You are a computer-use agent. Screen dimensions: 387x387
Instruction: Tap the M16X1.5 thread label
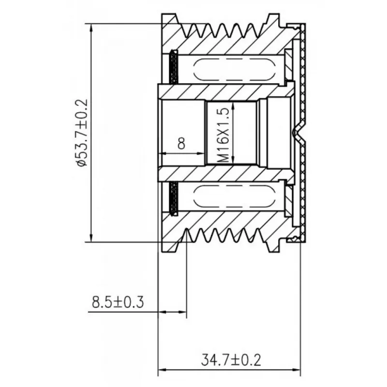click(223, 135)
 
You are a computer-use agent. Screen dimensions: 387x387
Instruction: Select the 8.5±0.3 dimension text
click(118, 302)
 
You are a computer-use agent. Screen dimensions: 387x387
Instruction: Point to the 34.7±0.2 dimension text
click(231, 360)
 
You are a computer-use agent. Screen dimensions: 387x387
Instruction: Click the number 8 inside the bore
click(181, 143)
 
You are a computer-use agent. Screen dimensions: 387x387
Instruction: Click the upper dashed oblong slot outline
click(234, 70)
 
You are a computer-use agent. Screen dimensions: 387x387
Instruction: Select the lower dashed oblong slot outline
click(234, 196)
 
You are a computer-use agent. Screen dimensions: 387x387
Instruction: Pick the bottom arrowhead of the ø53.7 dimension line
click(91, 238)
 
